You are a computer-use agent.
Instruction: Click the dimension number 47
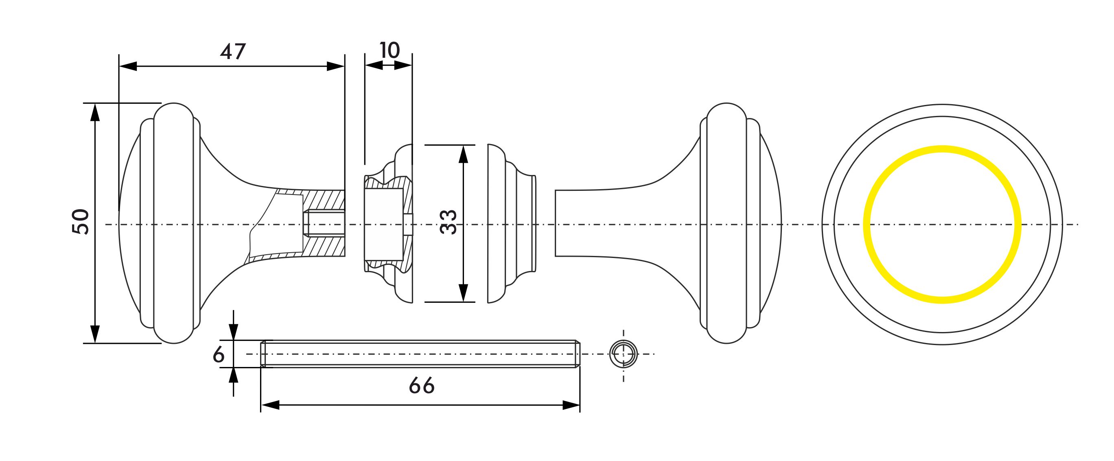click(233, 51)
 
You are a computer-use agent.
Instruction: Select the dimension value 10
click(390, 50)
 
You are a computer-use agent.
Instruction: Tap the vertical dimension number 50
click(81, 222)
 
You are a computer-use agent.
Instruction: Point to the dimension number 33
click(448, 222)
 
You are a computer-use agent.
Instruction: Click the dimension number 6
click(219, 355)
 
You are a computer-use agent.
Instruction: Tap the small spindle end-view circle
click(623, 354)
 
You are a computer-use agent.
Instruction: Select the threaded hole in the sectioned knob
click(324, 223)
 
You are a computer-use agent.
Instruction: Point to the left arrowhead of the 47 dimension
click(128, 67)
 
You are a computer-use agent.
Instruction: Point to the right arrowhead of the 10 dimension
click(403, 66)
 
